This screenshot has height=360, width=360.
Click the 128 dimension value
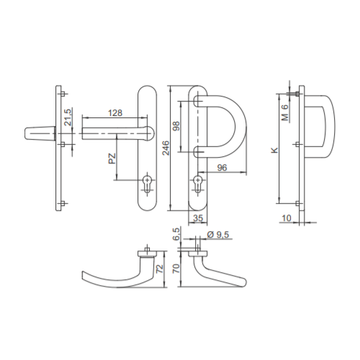115,113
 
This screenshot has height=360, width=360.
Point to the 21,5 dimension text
68,117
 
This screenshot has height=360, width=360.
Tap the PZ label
112,158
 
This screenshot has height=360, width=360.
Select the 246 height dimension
166,148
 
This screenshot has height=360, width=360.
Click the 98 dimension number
176,126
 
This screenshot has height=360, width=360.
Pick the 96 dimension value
222,168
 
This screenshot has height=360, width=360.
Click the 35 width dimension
198,218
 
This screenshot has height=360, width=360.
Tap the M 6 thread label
285,112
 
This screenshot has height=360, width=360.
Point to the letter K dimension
274,150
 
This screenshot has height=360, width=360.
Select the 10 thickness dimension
287,218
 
